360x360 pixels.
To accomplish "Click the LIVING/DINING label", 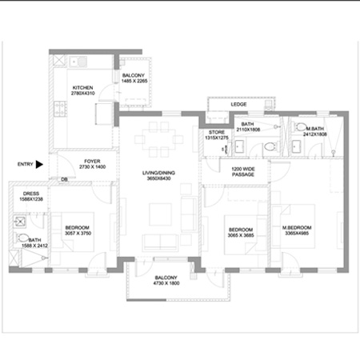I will coord(160,173).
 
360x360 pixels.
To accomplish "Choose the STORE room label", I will coord(217,132).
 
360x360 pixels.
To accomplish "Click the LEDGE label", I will coord(238,104).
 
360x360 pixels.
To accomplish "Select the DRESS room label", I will coord(32,194).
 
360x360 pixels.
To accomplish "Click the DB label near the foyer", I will coord(65,180).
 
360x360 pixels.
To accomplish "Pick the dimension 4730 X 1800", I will coord(168,283).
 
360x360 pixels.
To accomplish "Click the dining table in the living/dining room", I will coord(158,142).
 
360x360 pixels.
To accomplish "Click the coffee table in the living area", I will coord(159,212).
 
